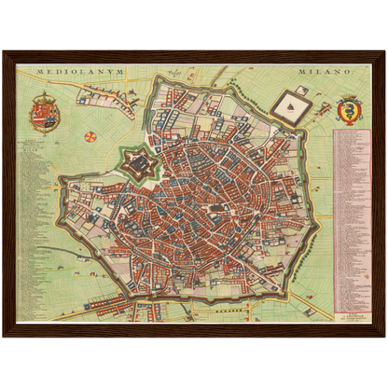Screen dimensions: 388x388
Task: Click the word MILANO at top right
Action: [322, 70]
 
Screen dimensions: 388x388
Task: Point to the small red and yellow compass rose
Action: [90, 136]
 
